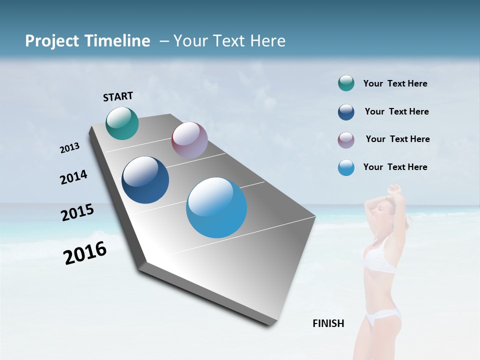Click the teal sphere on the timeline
[x=122, y=123]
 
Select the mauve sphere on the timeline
[x=189, y=140]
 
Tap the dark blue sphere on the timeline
[x=145, y=180]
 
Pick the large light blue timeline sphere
[x=216, y=207]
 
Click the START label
[x=118, y=96]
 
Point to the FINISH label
[x=328, y=323]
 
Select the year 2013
[x=69, y=148]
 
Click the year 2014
[x=73, y=177]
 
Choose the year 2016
[x=85, y=253]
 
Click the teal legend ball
[x=346, y=83]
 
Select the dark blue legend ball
[x=346, y=112]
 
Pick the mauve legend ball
[x=346, y=140]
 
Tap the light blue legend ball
[x=346, y=167]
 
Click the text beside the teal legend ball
[x=395, y=83]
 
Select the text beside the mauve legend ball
[x=397, y=139]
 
